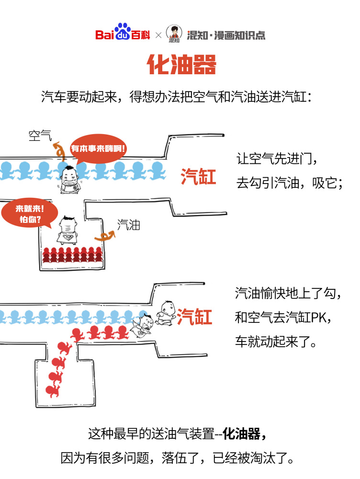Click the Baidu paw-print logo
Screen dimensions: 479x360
pos(123,32)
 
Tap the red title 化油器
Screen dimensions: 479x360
pos(181,65)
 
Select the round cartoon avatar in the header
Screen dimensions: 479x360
pos(174,34)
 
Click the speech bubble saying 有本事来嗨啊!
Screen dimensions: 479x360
pos(99,148)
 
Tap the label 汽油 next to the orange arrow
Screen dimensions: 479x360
pos(129,225)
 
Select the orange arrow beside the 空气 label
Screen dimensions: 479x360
pos(59,149)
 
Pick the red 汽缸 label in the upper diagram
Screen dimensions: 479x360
pos(198,177)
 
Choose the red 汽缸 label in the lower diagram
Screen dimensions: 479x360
pos(194,317)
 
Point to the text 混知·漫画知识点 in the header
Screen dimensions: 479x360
pos(226,35)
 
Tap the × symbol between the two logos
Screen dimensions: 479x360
pos(158,35)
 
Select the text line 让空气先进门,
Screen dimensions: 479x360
pos(277,159)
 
